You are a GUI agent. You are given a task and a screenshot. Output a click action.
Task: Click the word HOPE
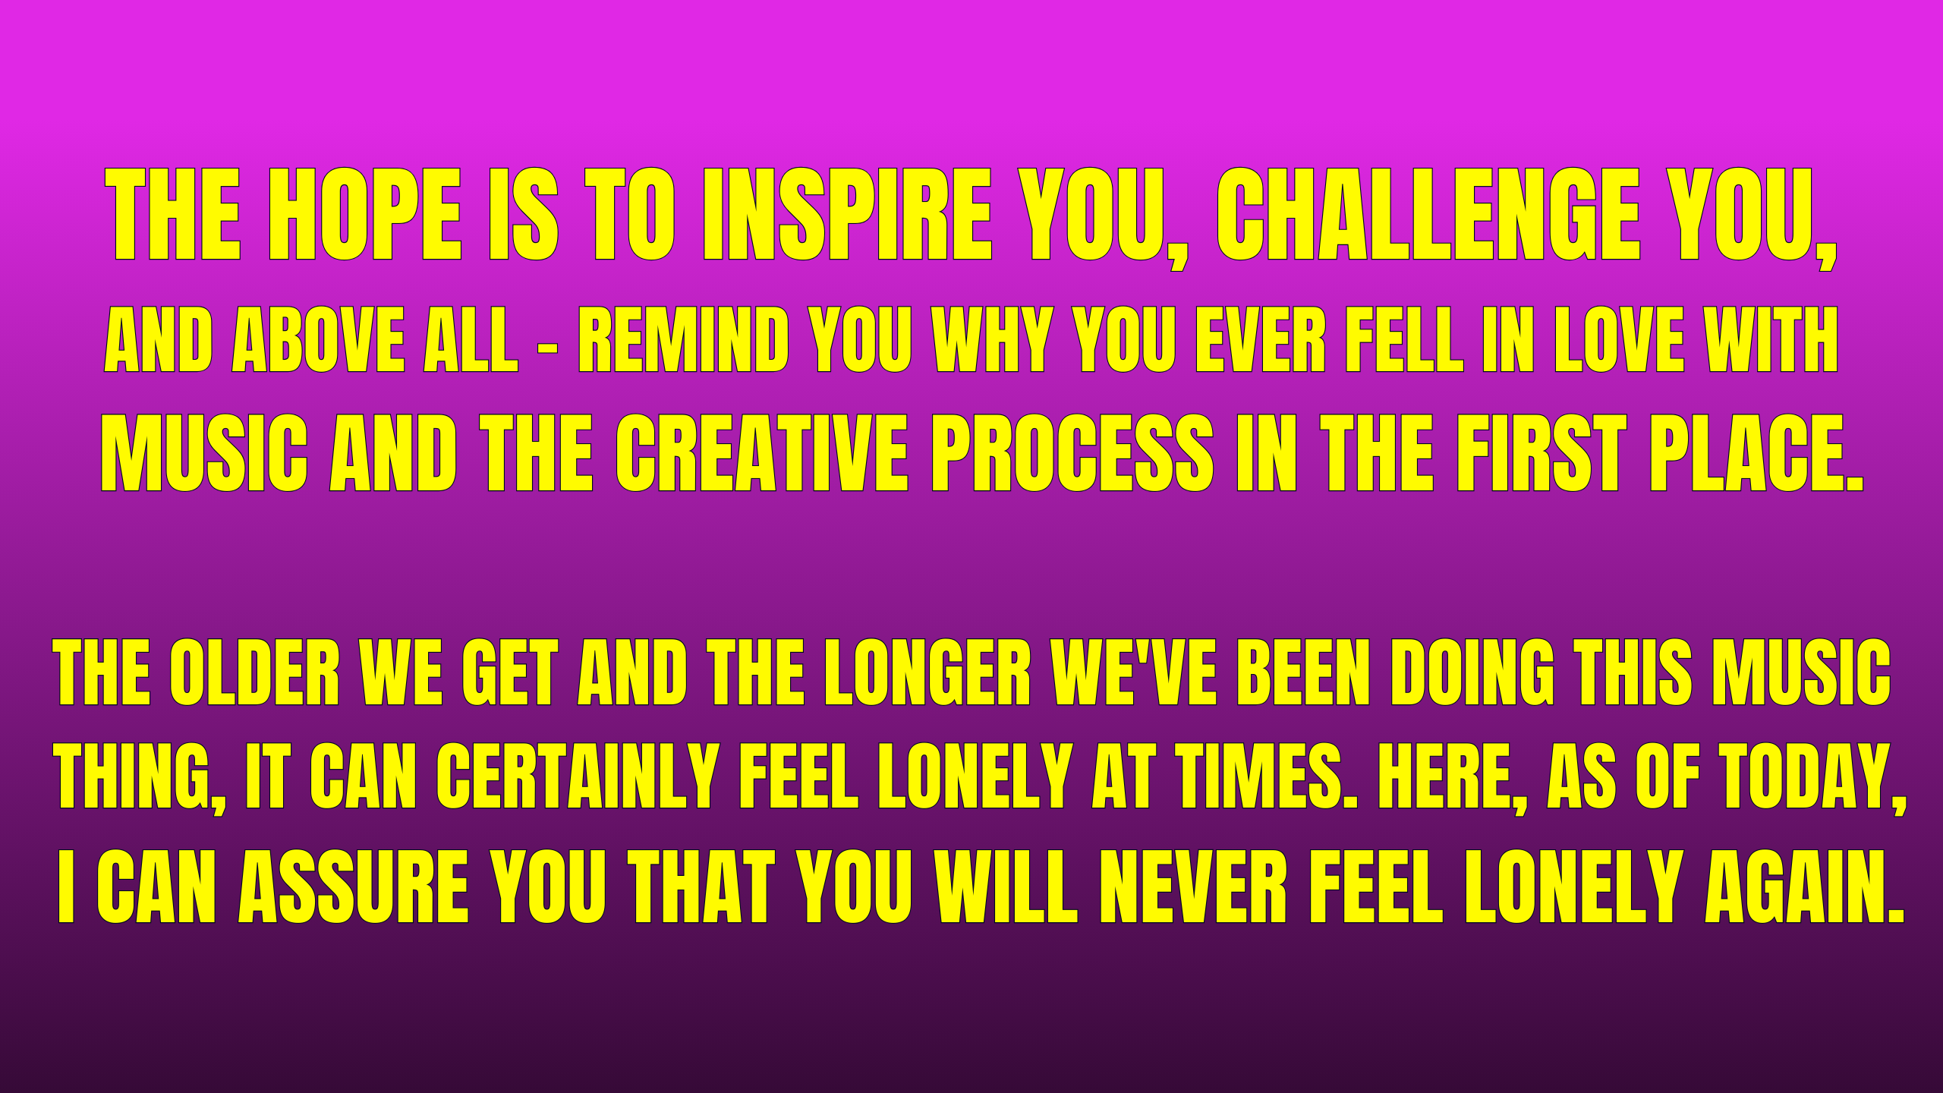pos(365,214)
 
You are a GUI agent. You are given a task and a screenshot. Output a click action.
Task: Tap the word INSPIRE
pos(848,214)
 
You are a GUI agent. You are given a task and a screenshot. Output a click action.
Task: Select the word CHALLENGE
pos(1428,214)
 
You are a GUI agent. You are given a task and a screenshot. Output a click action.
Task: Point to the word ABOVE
pos(318,340)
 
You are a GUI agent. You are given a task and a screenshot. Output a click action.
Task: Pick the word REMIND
pos(683,340)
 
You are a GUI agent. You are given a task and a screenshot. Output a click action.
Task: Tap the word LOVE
pos(1619,340)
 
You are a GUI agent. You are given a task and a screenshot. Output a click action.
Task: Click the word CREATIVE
pos(761,453)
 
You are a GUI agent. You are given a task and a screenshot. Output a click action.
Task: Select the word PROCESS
pos(1072,453)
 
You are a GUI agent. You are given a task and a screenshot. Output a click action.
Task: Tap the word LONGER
pos(927,672)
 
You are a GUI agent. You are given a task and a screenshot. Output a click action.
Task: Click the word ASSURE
pos(354,887)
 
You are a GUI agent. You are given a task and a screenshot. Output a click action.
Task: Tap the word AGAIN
pos(1804,887)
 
